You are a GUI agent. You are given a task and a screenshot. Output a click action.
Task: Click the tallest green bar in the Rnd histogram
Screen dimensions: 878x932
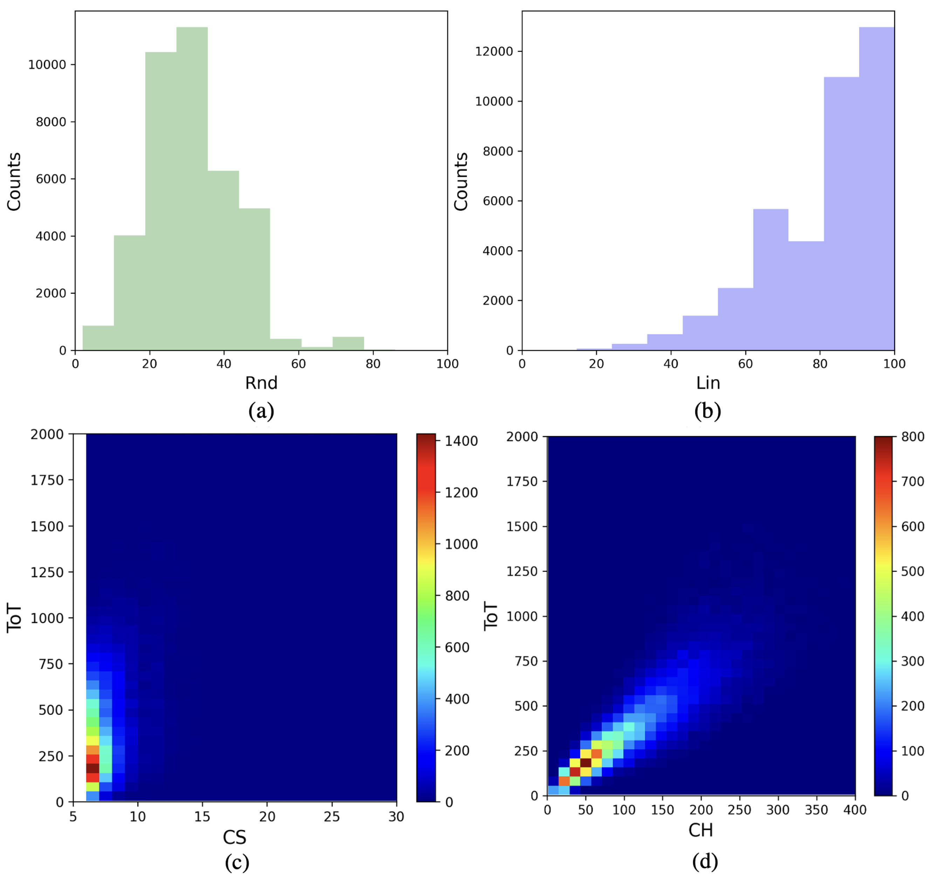(x=192, y=187)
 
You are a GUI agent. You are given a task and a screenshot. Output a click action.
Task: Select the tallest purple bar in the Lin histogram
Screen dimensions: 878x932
(x=876, y=187)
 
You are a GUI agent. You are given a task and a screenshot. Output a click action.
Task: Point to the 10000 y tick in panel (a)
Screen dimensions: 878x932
(x=47, y=65)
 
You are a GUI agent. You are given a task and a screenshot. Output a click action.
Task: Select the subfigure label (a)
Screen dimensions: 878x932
(x=261, y=411)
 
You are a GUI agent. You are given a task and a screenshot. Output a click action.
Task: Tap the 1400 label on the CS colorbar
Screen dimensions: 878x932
(x=461, y=441)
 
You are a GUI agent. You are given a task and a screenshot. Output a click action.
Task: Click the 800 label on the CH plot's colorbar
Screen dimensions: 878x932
(x=912, y=436)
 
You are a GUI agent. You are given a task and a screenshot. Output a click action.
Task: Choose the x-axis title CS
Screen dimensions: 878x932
(x=234, y=838)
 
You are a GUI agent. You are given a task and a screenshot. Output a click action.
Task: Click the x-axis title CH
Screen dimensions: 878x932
(x=700, y=830)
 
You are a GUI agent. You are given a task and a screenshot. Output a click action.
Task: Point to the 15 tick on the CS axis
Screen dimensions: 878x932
(x=202, y=817)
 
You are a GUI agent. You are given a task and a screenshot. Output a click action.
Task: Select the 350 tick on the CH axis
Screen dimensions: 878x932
(x=816, y=810)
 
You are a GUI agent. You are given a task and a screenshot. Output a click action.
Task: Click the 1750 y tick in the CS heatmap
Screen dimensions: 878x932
(x=47, y=480)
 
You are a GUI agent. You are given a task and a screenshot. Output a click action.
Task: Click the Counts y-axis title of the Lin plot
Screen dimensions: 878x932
(x=461, y=181)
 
